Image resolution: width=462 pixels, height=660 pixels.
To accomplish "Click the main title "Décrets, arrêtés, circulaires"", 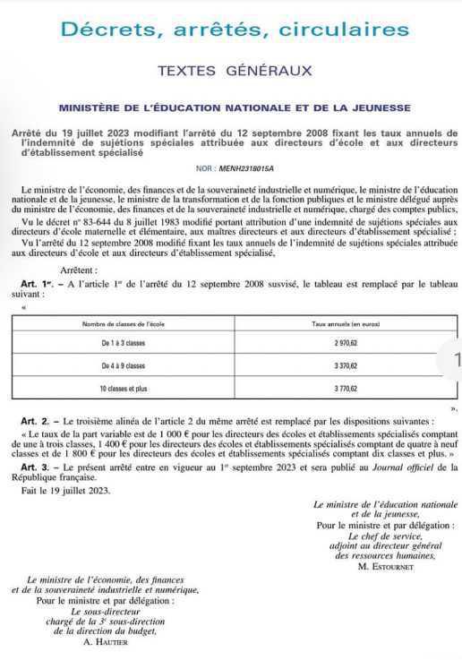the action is (235, 30).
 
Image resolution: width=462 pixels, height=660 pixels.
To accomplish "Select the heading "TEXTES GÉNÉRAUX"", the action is (235, 70).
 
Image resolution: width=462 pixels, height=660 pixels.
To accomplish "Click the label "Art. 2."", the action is (36, 420).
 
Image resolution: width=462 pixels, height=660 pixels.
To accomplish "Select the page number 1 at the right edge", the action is (457, 360).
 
